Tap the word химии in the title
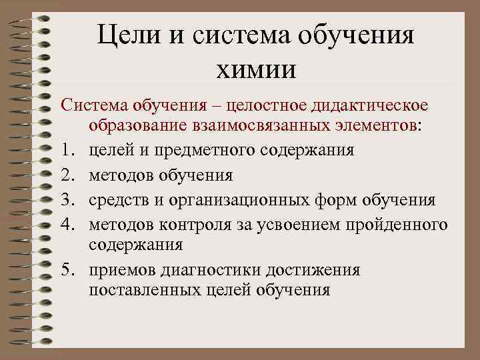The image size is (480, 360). [x=256, y=68]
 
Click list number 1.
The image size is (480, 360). [x=67, y=150]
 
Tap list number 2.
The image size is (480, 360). [x=67, y=175]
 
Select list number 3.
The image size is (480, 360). [x=67, y=200]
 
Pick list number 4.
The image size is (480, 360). [x=67, y=225]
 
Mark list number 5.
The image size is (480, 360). [x=67, y=269]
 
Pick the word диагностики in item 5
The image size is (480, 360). [x=204, y=269]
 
